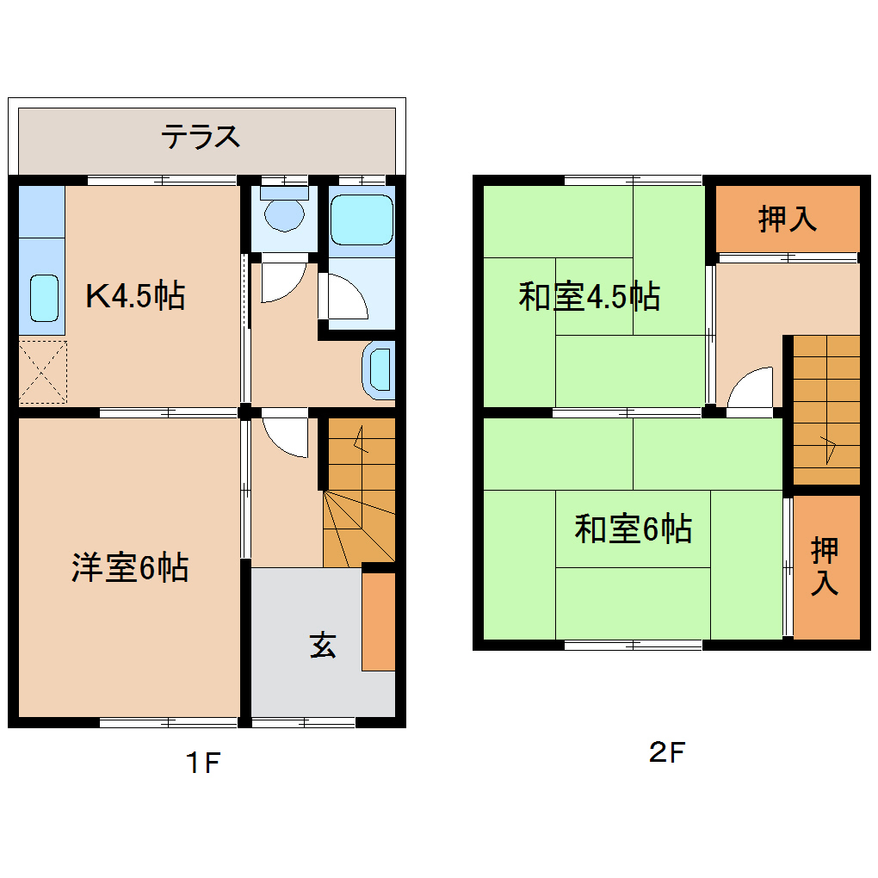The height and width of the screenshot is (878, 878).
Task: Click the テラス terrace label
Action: tap(201, 137)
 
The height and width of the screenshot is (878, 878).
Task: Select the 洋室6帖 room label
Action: tap(130, 568)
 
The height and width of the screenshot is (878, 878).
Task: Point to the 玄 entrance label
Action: tap(323, 645)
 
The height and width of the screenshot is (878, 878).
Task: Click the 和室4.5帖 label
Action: tap(589, 297)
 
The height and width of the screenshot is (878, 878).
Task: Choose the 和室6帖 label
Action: tap(633, 529)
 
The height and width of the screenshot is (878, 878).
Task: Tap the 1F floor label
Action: tap(203, 762)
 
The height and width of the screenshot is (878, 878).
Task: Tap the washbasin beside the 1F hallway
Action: tap(380, 370)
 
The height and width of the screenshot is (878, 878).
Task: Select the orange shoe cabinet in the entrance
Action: tap(378, 621)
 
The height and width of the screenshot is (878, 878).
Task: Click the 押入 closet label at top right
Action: tap(787, 219)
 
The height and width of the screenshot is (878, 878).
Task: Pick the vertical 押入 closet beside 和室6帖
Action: tap(825, 566)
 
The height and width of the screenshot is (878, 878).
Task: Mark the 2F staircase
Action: tap(825, 409)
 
